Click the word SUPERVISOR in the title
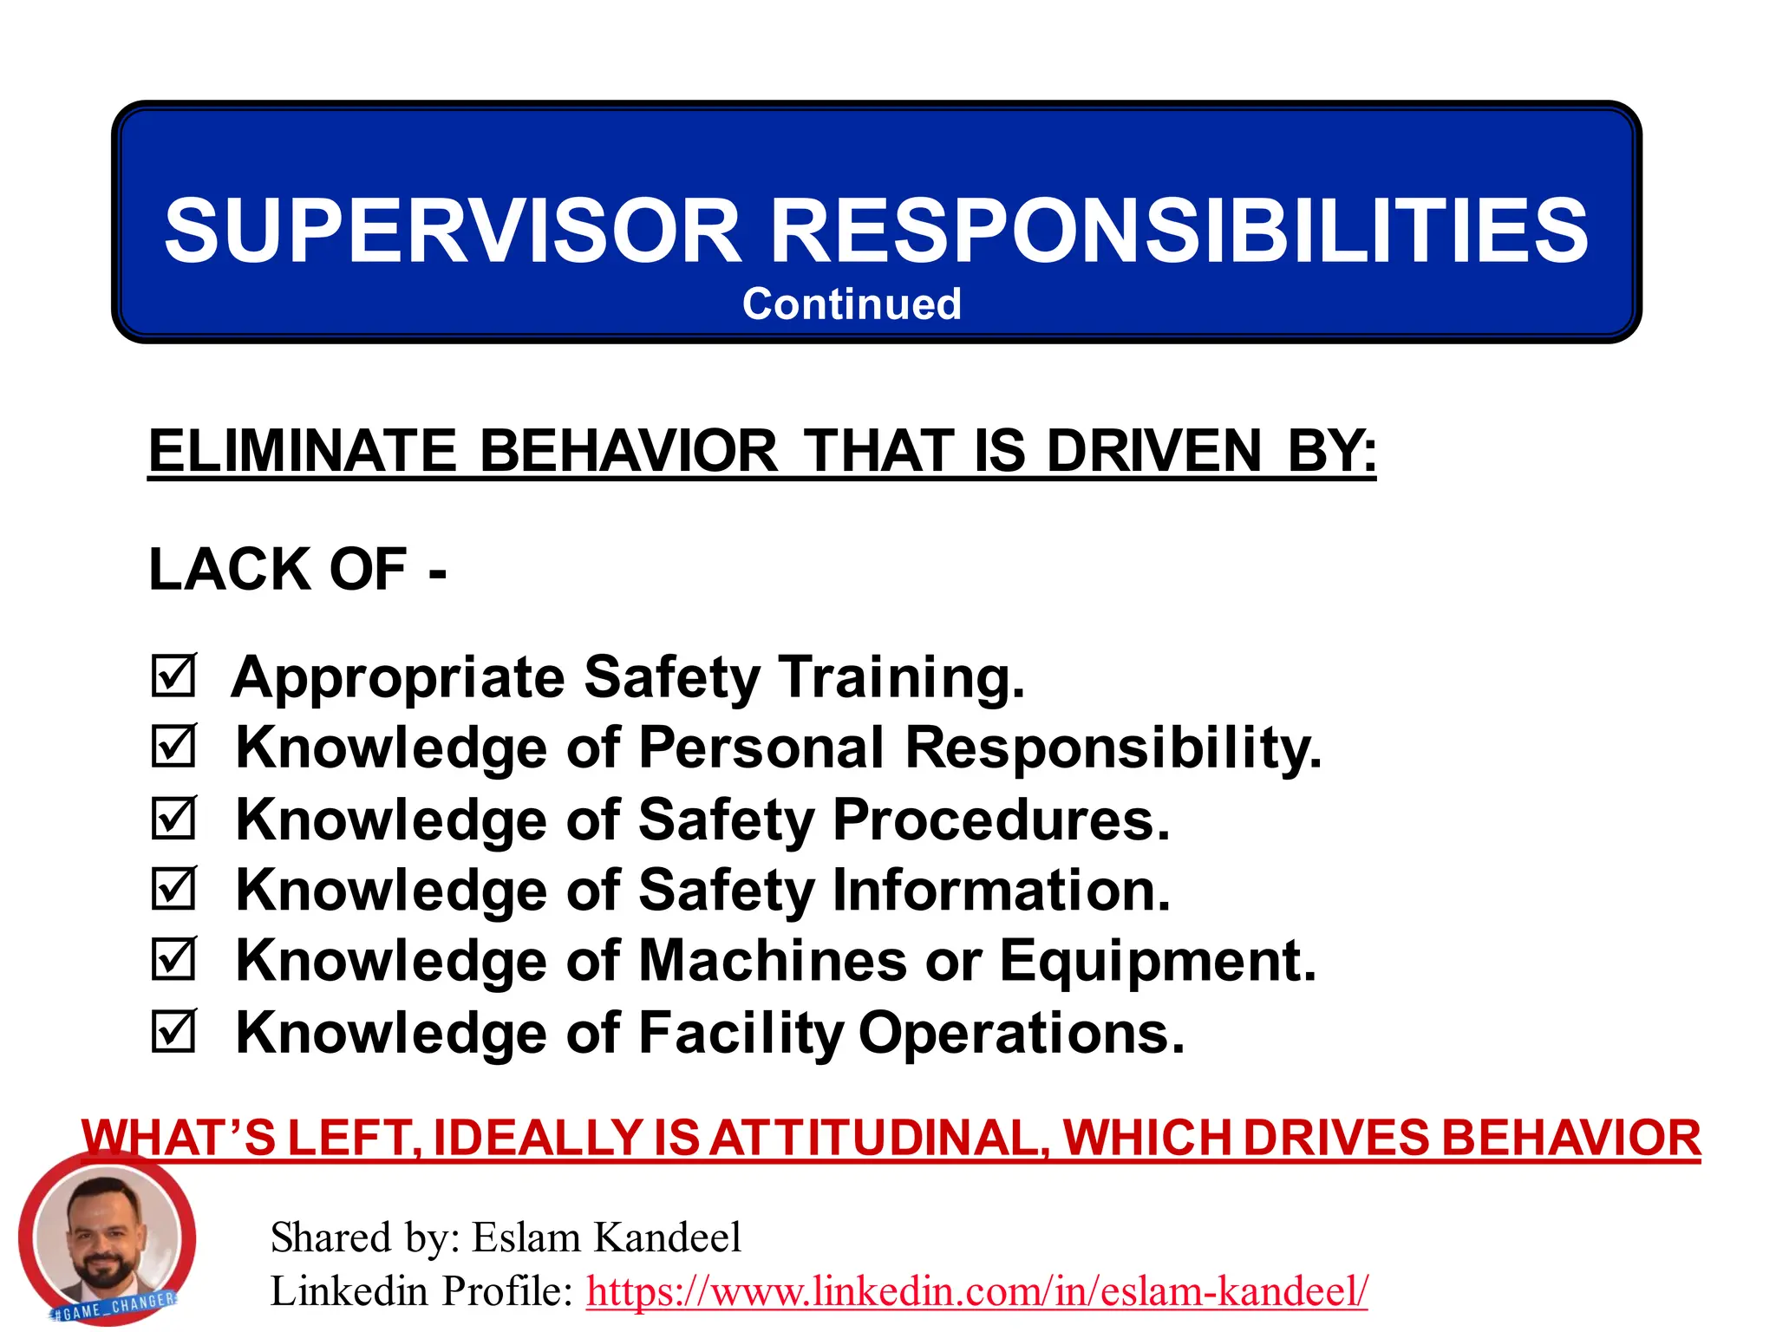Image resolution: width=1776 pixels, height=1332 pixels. (452, 231)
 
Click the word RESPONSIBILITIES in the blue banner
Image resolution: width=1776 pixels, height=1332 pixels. (1179, 231)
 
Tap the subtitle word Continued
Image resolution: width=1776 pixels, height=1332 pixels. (852, 304)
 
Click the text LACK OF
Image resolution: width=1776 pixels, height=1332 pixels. (277, 570)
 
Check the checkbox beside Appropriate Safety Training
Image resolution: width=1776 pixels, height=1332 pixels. (173, 676)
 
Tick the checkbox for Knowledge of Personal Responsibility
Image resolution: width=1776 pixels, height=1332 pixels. (173, 747)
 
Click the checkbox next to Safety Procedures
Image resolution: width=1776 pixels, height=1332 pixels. (173, 819)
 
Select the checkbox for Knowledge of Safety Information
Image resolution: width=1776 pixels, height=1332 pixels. (173, 889)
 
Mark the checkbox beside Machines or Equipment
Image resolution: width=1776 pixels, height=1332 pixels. (173, 960)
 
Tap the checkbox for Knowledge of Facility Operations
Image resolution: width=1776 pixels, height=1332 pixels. (173, 1031)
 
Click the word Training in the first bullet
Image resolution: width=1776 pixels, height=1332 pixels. (902, 677)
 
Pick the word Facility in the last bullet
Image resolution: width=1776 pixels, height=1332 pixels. (741, 1033)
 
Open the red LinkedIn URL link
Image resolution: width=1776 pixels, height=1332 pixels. (976, 1291)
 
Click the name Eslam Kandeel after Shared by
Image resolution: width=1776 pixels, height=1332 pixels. (606, 1237)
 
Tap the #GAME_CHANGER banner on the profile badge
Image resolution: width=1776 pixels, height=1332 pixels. (115, 1306)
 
